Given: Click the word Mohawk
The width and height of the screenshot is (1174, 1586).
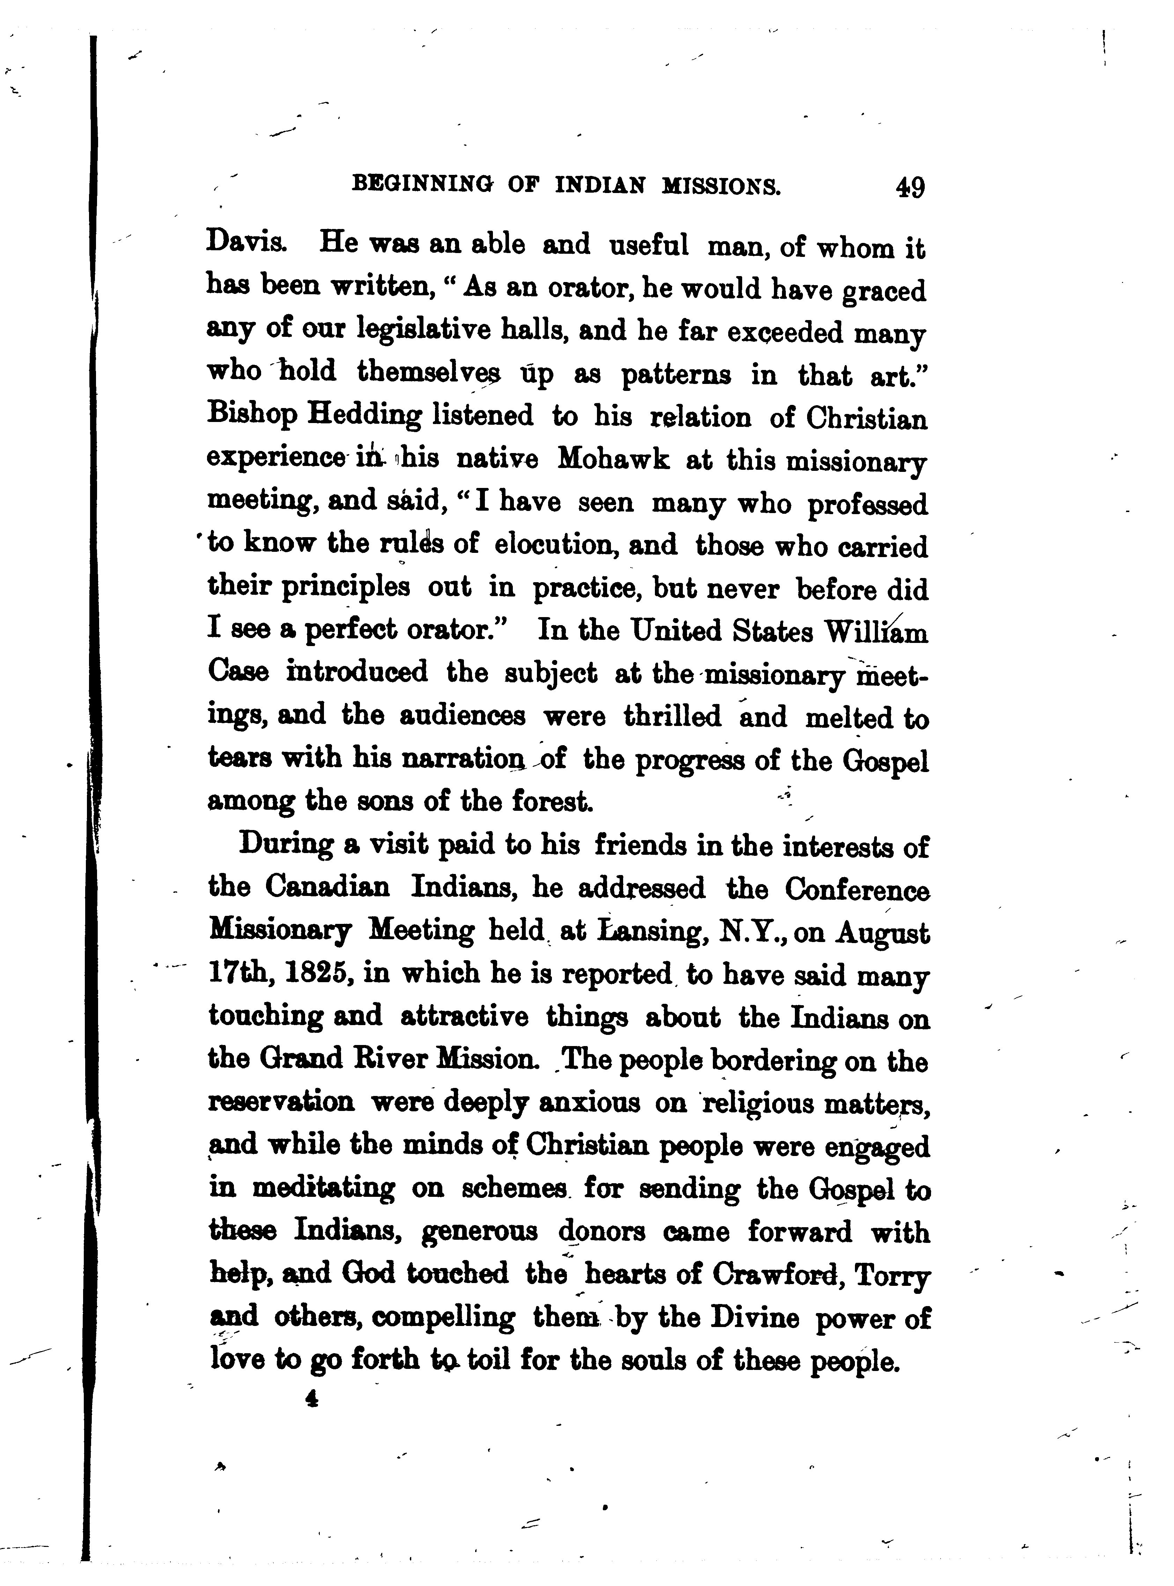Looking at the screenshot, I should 613,459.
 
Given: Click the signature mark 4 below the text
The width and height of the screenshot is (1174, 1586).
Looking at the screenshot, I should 311,1399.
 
